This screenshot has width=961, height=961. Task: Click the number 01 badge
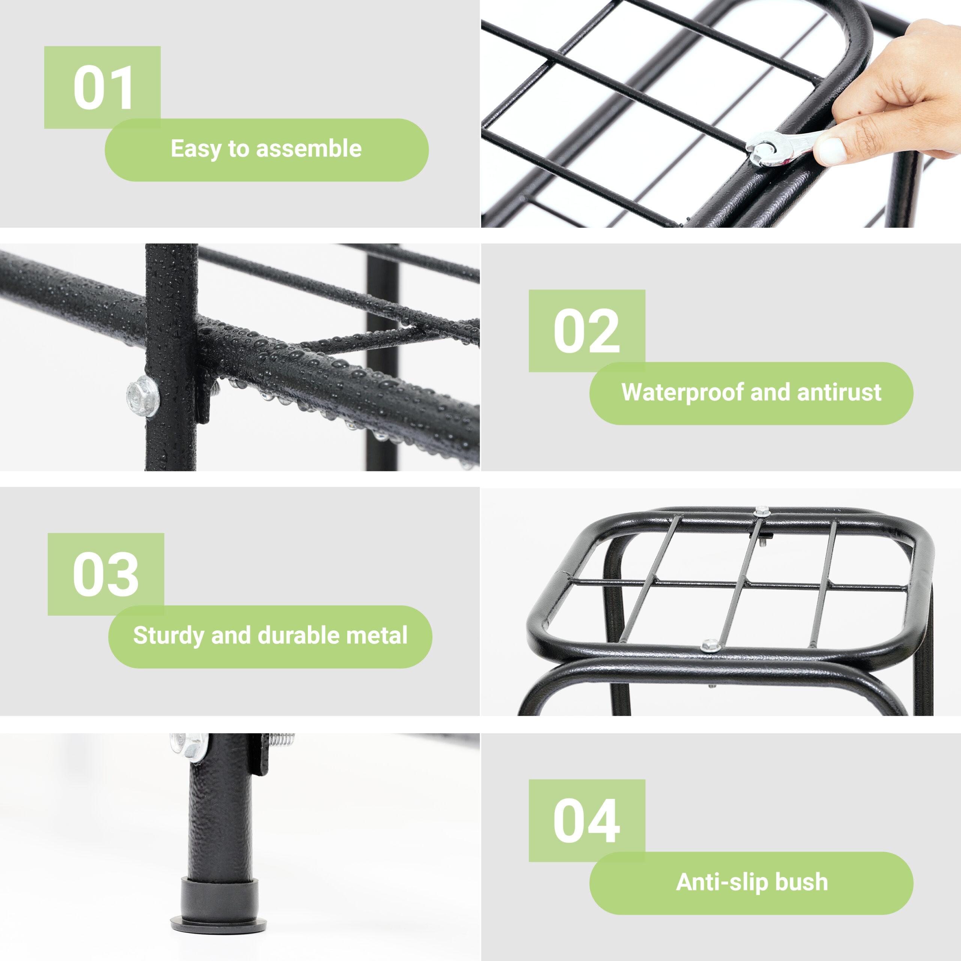coord(102,87)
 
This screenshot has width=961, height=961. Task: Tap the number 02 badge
coord(587,331)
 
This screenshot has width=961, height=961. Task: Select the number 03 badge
coord(106,574)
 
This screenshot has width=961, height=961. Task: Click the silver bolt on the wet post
coord(143,396)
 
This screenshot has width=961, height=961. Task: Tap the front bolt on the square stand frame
coord(711,646)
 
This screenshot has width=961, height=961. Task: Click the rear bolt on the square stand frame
coord(761,511)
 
